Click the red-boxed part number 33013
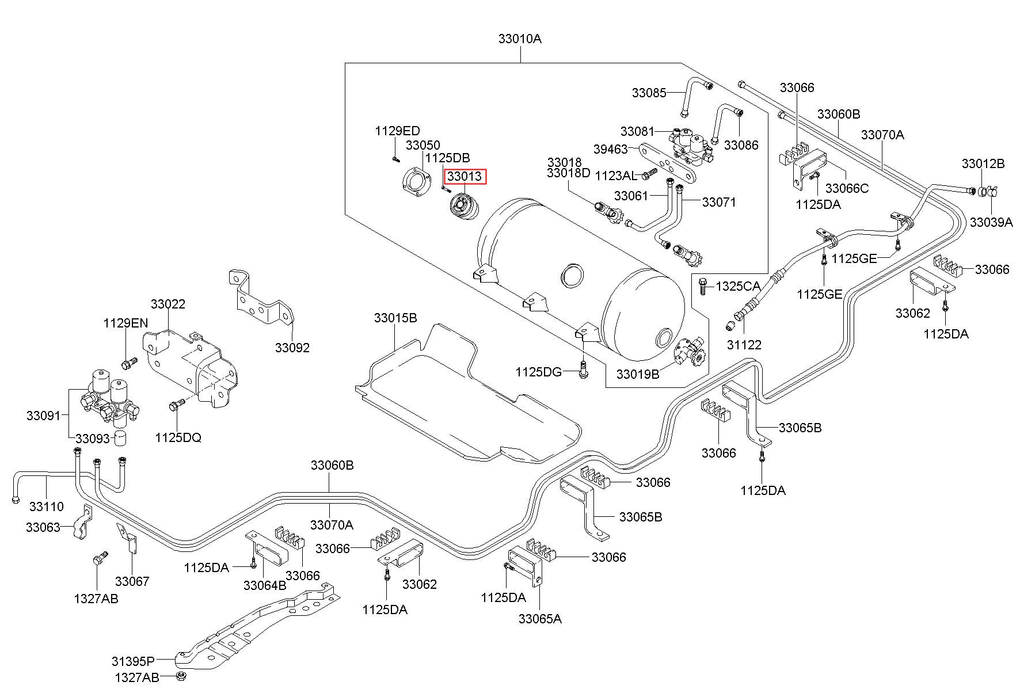click(465, 176)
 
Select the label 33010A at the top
click(520, 39)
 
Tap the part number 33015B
click(395, 318)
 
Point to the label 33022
click(168, 304)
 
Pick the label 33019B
click(638, 374)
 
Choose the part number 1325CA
click(738, 286)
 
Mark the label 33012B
click(983, 163)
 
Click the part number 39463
click(610, 149)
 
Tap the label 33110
click(47, 506)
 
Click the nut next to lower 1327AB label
click(181, 676)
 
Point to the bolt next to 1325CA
click(702, 285)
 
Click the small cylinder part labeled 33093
click(120, 437)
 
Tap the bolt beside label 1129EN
click(130, 363)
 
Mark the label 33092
click(292, 348)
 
